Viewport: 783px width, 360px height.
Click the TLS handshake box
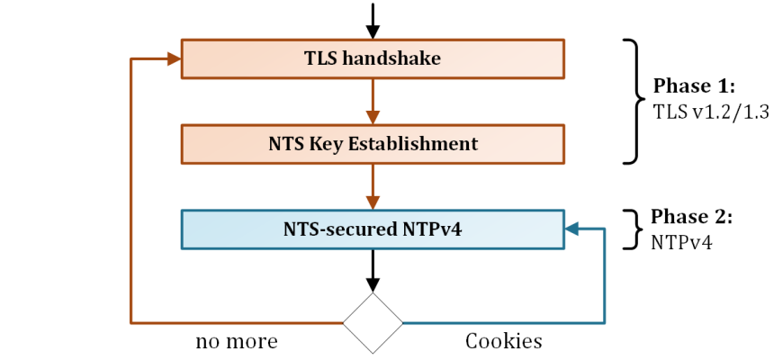pos(373,58)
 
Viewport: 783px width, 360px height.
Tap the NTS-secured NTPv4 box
pos(373,229)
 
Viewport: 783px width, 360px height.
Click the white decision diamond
pos(373,322)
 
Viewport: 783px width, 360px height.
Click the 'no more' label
pos(237,342)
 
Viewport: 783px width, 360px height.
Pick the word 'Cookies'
pos(503,342)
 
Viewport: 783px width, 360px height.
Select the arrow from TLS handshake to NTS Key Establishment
pos(373,101)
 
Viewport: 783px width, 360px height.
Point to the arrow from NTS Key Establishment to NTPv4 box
pos(373,186)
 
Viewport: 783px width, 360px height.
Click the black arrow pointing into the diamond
pos(373,269)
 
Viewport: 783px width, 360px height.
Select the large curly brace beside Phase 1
pos(631,101)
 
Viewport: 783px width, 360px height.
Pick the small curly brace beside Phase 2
pos(633,229)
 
